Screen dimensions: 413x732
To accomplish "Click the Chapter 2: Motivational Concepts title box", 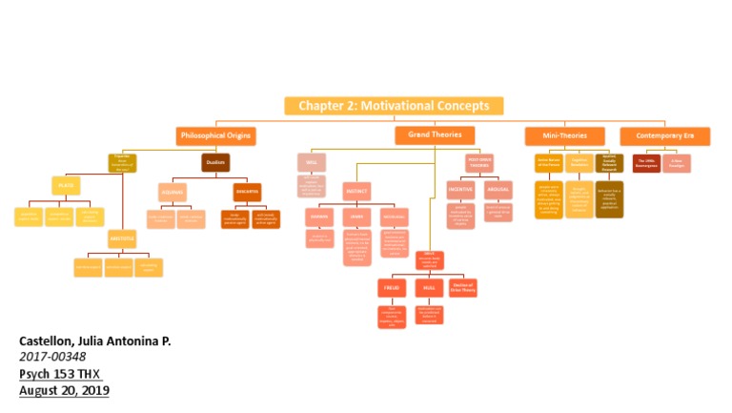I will click(x=394, y=106).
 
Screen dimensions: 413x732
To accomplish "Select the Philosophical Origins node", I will click(x=216, y=135).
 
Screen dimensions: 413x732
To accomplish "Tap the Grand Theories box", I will click(x=435, y=135).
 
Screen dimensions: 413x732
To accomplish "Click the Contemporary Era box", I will click(x=664, y=135).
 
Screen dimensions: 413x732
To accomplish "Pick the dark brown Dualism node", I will click(x=215, y=162).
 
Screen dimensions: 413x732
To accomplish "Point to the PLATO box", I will click(x=65, y=185).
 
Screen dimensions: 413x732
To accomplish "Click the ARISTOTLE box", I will click(x=121, y=238).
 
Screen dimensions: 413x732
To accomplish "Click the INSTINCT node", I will click(x=357, y=190).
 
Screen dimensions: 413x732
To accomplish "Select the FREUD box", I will click(x=391, y=287).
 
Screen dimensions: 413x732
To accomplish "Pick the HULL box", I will click(x=429, y=287).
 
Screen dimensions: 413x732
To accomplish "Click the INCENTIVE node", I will click(x=460, y=189).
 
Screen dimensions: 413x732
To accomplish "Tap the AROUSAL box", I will click(x=498, y=189).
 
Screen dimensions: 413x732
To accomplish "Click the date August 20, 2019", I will click(x=64, y=390).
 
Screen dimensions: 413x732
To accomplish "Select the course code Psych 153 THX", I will click(x=61, y=374).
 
